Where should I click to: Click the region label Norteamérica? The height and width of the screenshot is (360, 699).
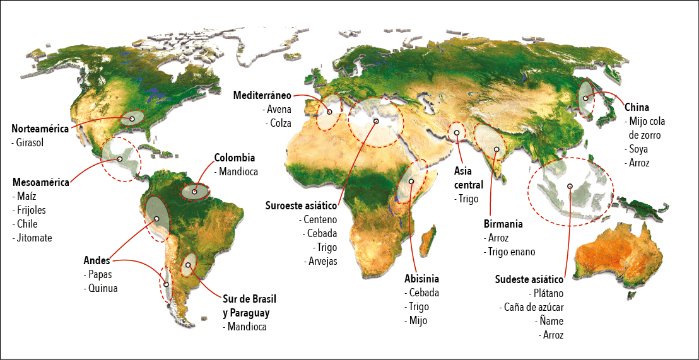click(x=40, y=129)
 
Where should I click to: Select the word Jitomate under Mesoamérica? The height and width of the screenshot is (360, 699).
click(x=33, y=238)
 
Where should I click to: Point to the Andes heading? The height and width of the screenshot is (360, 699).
click(x=97, y=260)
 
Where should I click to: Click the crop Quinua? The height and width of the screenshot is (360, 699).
click(x=102, y=288)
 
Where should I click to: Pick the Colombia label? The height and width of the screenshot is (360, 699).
click(x=234, y=158)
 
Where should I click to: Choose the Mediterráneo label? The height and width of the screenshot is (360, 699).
click(x=262, y=96)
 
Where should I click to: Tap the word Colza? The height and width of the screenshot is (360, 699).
click(x=278, y=124)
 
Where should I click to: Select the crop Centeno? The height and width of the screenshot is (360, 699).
click(x=320, y=219)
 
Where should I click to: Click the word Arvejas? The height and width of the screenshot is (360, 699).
click(x=322, y=261)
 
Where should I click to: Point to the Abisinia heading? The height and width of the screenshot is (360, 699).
click(x=421, y=279)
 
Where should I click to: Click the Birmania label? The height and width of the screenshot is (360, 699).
click(x=503, y=224)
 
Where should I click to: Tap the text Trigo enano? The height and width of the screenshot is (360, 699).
click(x=511, y=252)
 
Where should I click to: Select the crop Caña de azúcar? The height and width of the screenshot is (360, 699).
click(x=533, y=307)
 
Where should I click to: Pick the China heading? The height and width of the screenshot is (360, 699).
click(x=637, y=107)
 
